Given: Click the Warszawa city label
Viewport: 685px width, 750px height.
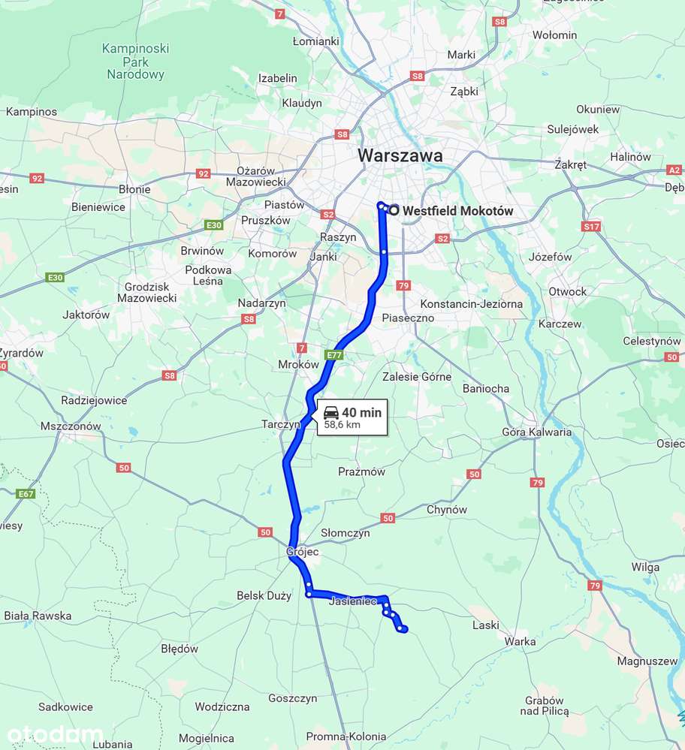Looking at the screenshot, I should [400, 155].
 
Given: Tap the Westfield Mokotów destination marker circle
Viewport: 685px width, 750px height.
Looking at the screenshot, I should [394, 210].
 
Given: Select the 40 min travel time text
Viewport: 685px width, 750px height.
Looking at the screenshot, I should [361, 412].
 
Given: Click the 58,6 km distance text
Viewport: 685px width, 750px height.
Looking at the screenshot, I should [342, 424].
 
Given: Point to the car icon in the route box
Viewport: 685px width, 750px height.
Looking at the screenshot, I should [331, 412].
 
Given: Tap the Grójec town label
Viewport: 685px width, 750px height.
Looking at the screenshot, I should [303, 552].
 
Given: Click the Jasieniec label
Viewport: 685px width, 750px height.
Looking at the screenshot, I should [352, 602].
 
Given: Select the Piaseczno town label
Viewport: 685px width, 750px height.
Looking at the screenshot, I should [408, 318].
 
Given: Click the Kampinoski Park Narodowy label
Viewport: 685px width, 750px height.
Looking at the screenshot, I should [135, 62].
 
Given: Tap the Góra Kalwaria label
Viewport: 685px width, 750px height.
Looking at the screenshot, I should [536, 432].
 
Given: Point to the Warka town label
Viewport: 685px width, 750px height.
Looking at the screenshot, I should [520, 641].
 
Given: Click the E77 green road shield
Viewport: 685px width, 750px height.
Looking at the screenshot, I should [334, 354].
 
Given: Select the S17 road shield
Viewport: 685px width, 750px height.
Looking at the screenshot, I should [591, 226].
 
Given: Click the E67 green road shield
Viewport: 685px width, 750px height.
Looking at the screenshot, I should [26, 493].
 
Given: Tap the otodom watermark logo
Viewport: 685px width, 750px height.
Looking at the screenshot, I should [56, 734].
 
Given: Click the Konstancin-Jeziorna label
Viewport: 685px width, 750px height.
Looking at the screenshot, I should [471, 304].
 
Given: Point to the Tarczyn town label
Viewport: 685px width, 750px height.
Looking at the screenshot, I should [280, 424].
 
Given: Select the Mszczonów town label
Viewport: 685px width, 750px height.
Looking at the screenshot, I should [71, 426].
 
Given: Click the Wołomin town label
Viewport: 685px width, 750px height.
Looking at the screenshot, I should [554, 35].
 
